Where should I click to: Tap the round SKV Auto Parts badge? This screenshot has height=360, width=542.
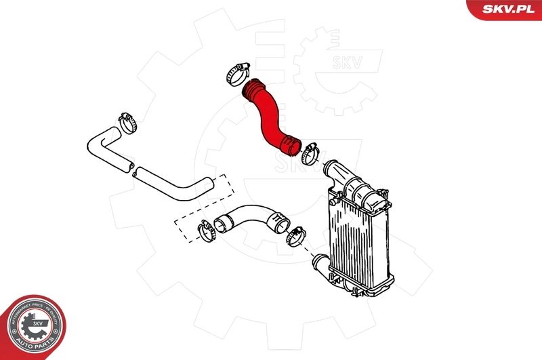[x=33, y=327]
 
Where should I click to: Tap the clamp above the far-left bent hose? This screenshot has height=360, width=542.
[x=128, y=121]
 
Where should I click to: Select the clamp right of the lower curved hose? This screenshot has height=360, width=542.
[x=296, y=236]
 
